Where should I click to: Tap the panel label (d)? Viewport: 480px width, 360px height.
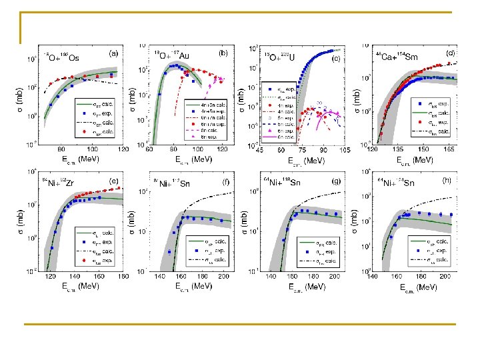tap(450, 53)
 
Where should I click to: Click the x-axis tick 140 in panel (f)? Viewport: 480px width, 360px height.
tap(160, 275)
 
